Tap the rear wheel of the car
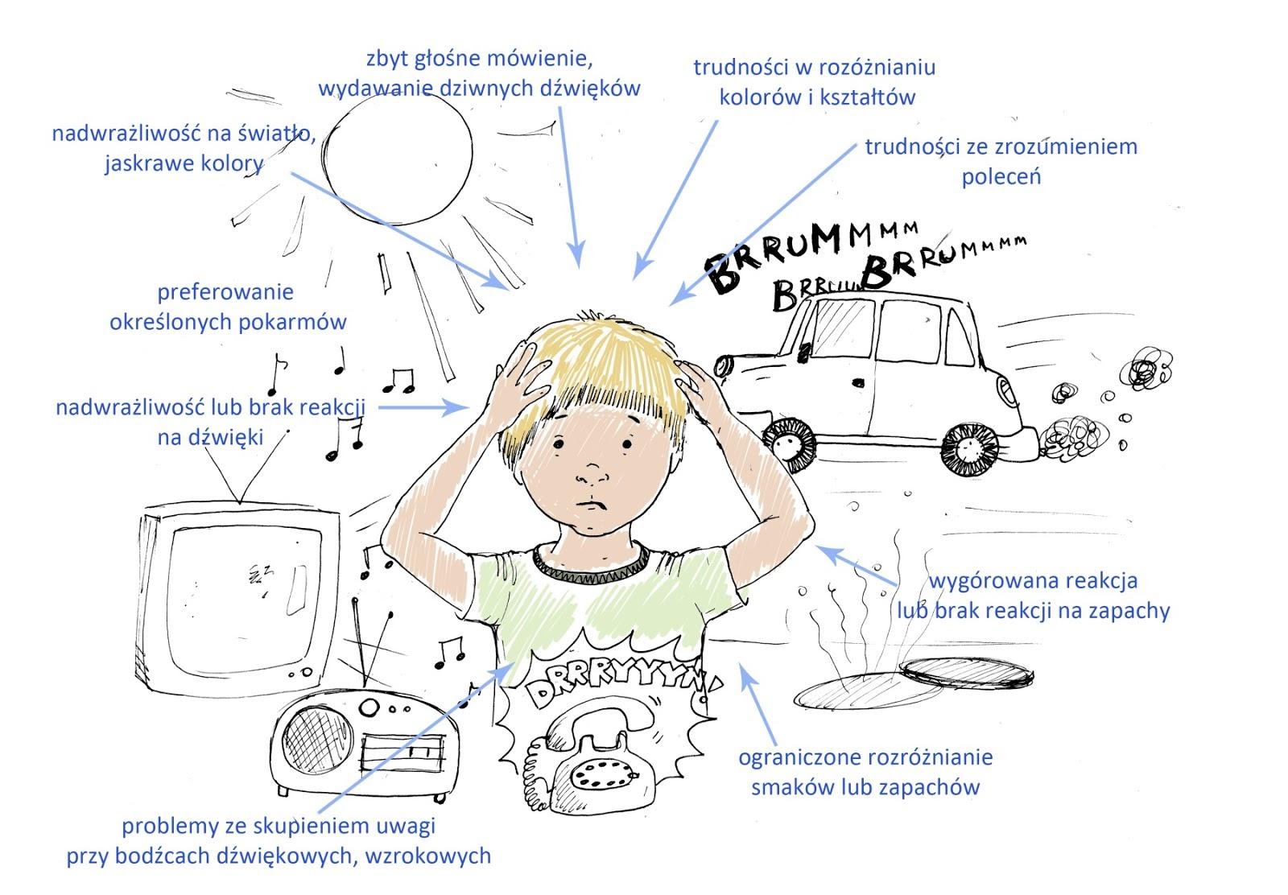click(969, 449)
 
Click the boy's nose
click(592, 473)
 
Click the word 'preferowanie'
click(225, 293)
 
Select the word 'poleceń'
click(1001, 176)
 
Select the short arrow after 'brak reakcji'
click(423, 407)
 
